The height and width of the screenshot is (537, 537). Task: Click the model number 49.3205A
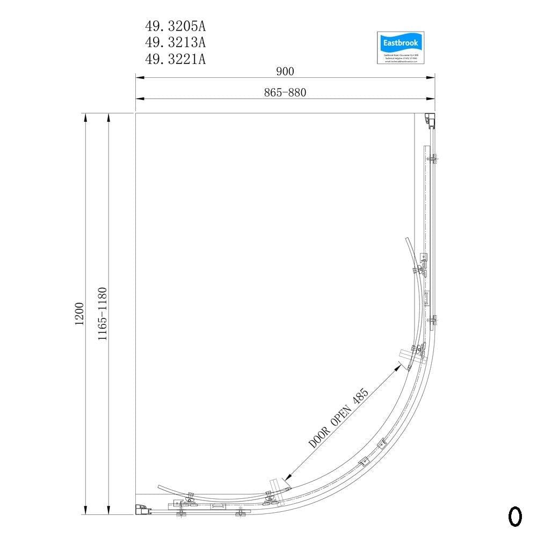click(175, 25)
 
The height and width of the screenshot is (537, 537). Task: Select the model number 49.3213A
click(175, 42)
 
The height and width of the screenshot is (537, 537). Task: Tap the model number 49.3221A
click(175, 59)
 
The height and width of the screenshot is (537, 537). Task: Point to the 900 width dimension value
click(285, 71)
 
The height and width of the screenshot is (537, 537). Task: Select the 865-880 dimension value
click(285, 92)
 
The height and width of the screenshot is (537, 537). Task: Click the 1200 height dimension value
click(79, 314)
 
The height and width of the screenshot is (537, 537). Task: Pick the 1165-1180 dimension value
click(103, 314)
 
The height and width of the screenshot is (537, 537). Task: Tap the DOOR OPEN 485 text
click(339, 419)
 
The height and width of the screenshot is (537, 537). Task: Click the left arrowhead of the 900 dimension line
click(139, 78)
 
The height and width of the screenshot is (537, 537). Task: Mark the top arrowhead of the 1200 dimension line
click(85, 117)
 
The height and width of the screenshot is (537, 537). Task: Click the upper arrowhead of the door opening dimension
click(398, 365)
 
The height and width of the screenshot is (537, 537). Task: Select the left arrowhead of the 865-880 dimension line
click(139, 99)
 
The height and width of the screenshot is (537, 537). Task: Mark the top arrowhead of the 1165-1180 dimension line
click(108, 117)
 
